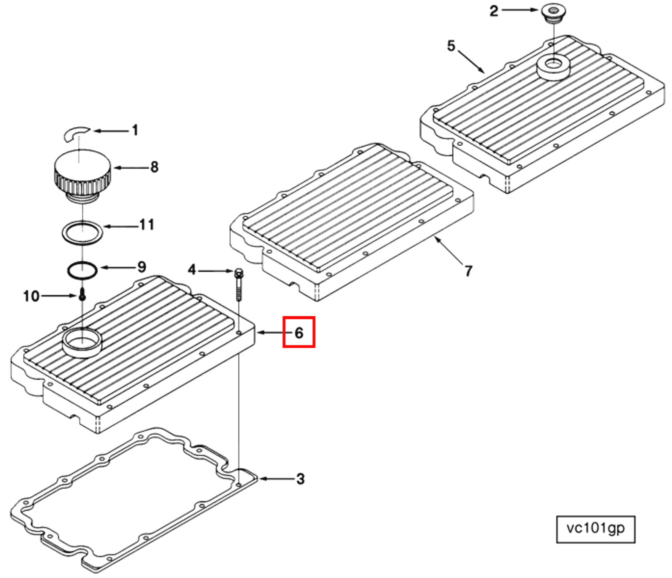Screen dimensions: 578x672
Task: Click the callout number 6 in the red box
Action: [299, 333]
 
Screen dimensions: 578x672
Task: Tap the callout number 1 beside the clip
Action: [135, 130]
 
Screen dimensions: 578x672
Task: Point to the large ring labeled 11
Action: [82, 232]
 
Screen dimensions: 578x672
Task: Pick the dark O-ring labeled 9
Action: [82, 271]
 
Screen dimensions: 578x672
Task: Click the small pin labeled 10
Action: [82, 295]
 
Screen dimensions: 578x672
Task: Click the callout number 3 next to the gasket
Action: [300, 478]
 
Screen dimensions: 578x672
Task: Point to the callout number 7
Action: [468, 271]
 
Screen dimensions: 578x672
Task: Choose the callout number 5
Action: [451, 46]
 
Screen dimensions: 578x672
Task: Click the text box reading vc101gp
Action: [595, 529]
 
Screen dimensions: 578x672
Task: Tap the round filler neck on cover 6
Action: [82, 342]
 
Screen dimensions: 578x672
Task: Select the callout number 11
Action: [147, 225]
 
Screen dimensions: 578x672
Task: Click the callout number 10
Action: [31, 296]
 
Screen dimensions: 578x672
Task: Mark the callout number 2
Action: [494, 11]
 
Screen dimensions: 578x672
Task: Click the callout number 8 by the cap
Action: [154, 167]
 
